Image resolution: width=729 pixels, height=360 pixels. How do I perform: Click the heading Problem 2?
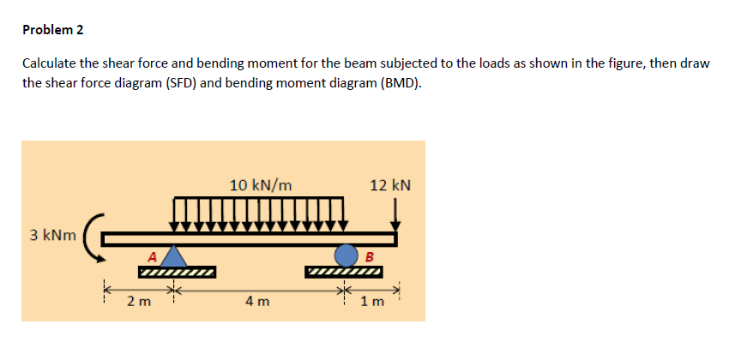(x=53, y=30)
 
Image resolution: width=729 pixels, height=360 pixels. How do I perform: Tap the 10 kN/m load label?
(x=261, y=184)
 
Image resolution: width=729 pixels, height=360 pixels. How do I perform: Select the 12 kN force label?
(x=390, y=184)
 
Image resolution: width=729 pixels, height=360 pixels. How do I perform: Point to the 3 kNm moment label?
(x=51, y=235)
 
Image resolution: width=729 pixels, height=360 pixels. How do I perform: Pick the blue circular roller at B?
(x=346, y=255)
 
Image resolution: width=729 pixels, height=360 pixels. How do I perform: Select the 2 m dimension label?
(x=137, y=301)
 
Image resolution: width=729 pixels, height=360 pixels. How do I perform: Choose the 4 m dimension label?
(x=257, y=301)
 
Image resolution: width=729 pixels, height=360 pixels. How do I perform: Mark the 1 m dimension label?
(x=372, y=301)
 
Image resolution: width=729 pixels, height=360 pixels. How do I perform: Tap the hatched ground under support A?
(x=177, y=273)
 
